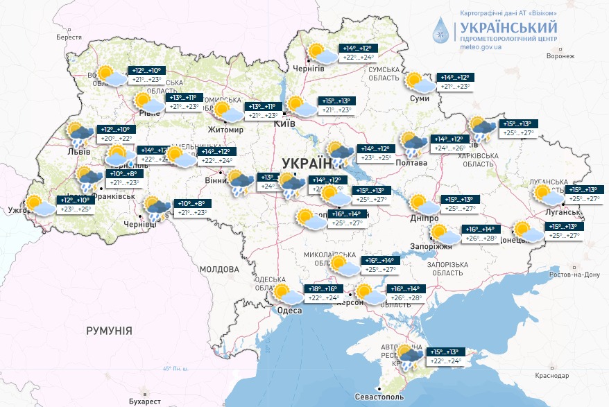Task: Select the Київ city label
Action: (x=284, y=123)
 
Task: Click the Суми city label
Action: (x=420, y=99)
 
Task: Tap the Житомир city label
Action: (x=225, y=130)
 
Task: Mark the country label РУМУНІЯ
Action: (x=109, y=331)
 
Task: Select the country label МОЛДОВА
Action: (x=219, y=269)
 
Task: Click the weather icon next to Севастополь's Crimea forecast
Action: (x=409, y=356)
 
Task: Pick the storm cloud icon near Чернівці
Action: (x=157, y=207)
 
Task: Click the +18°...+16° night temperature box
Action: (x=323, y=288)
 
